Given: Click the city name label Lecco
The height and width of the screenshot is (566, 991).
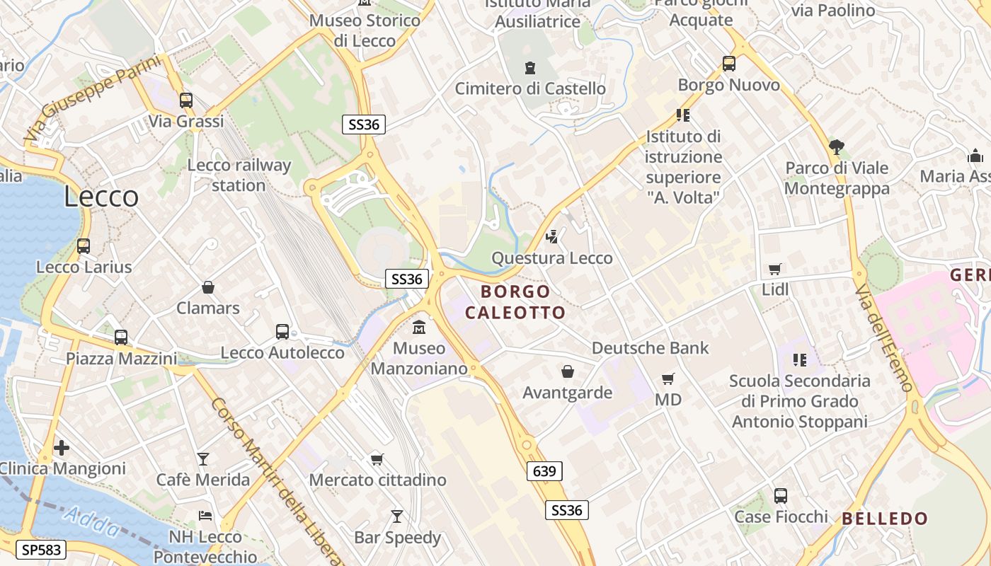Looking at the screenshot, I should click(101, 196).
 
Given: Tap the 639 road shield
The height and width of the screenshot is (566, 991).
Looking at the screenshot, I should click(544, 471).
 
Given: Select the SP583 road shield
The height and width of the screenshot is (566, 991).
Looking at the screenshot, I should click(42, 550).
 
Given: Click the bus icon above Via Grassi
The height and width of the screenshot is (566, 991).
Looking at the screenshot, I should click(186, 100).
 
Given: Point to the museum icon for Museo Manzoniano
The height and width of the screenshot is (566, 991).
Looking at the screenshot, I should click(419, 328).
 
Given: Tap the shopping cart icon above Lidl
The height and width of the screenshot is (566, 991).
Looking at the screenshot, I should click(775, 269).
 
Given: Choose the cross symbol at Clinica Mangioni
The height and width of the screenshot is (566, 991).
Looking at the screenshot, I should click(62, 448).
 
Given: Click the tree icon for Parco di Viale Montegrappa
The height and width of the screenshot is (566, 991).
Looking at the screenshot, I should click(836, 147).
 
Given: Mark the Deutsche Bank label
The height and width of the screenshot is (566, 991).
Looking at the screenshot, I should click(650, 348).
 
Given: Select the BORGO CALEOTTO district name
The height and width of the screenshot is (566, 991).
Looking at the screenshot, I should click(515, 302).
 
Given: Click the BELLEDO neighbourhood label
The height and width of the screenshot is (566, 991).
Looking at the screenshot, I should click(885, 519).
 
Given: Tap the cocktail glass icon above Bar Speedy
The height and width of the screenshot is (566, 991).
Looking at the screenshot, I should click(397, 516).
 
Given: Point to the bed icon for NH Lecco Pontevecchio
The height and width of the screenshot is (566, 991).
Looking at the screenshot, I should click(205, 516).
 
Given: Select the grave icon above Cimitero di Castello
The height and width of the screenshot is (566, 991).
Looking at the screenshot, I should click(530, 68).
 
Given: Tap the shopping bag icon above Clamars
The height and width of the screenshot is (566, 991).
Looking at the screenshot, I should click(208, 287).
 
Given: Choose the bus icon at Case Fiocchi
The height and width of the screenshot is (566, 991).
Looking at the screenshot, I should click(781, 496).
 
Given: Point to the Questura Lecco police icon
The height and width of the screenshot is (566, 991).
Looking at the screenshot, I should click(552, 237).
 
